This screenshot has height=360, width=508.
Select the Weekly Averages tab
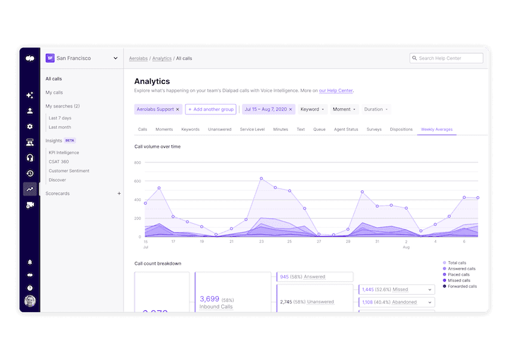coord(436,129)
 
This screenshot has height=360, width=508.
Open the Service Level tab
coord(252,129)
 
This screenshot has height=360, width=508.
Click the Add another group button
coord(210,109)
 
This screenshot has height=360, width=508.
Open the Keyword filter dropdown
coord(313,109)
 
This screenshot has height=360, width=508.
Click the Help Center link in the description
coord(336,91)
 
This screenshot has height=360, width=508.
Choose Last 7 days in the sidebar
coord(60,118)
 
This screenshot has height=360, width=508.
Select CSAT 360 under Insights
coord(59,161)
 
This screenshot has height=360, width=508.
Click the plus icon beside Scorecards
coord(119,194)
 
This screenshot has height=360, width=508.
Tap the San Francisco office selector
coord(83,59)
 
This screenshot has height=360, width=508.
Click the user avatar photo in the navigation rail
coord(30,300)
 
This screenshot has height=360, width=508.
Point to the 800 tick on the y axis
coord(137,163)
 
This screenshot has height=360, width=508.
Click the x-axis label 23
coord(261,242)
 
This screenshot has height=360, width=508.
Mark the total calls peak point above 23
coord(261,178)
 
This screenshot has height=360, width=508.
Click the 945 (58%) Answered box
coord(315,277)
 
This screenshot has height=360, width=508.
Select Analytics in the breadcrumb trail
coord(161,59)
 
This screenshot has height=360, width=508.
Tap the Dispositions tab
coord(401,129)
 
